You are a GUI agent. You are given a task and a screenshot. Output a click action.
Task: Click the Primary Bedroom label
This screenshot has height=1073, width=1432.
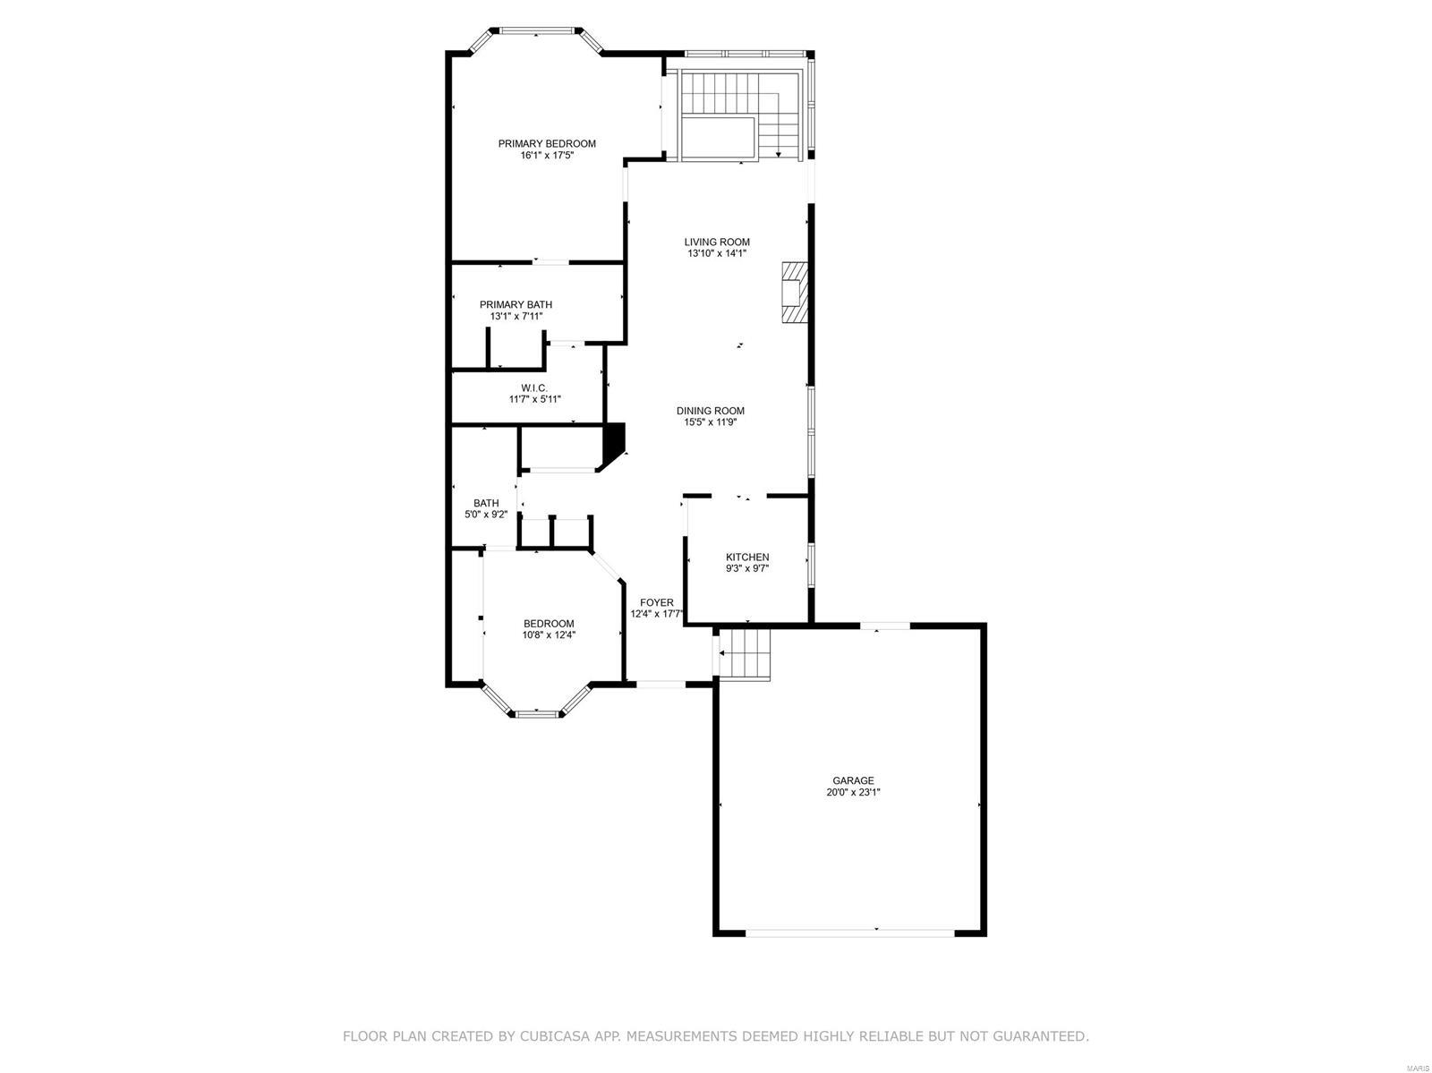tap(547, 143)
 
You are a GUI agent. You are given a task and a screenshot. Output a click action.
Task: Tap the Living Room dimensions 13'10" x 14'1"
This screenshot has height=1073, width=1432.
tap(717, 254)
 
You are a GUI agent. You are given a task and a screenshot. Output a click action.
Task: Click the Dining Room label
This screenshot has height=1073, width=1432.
tap(710, 411)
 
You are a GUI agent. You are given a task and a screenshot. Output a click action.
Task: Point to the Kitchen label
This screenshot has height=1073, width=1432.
tap(746, 557)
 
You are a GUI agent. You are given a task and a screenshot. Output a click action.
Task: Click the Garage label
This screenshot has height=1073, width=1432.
tap(852, 780)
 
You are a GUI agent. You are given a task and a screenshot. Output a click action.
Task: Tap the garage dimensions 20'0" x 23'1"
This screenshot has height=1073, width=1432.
tap(852, 793)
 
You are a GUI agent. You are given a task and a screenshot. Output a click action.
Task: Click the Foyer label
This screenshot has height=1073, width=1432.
tap(656, 602)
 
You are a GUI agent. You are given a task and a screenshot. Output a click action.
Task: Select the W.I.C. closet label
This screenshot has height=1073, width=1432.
tap(534, 387)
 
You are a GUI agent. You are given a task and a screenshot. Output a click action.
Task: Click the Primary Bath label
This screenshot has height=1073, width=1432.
tap(516, 304)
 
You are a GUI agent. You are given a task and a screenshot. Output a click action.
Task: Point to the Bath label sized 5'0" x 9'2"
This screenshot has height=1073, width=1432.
tap(486, 503)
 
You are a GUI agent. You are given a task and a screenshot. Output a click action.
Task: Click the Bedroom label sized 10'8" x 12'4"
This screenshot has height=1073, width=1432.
tap(549, 624)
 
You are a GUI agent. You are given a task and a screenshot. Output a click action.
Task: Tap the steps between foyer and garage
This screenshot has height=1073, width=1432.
tap(746, 654)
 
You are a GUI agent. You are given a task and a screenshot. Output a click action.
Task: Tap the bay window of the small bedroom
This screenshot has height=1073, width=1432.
tap(536, 712)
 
